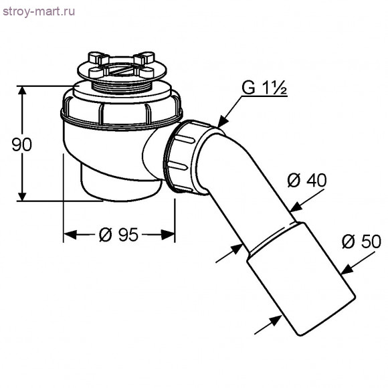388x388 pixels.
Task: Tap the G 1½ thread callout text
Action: click(264, 87)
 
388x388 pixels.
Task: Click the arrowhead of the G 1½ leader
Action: click(223, 122)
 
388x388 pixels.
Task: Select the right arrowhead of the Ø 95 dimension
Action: click(171, 235)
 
